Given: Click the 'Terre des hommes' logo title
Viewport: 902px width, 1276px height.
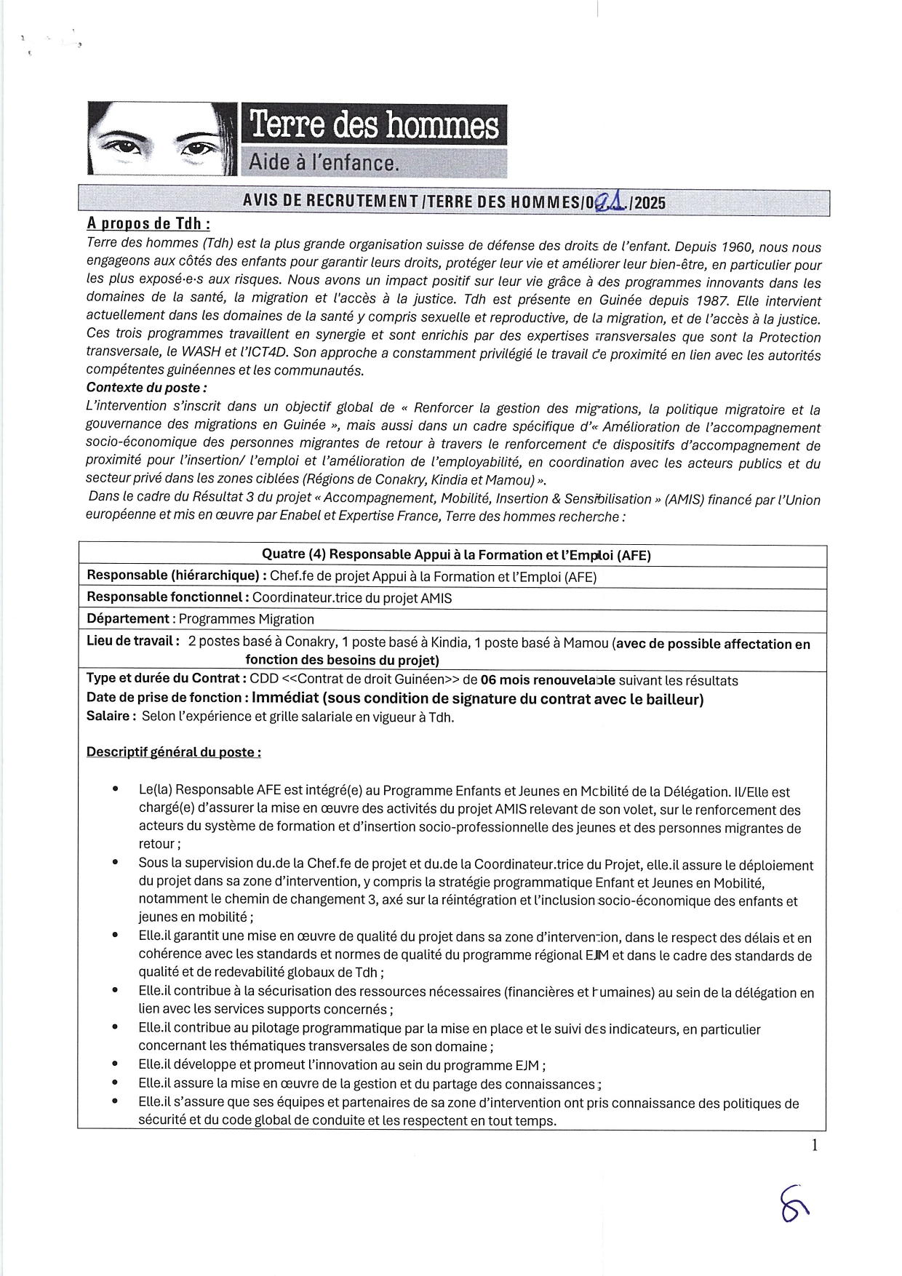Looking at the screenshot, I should pyautogui.click(x=374, y=125).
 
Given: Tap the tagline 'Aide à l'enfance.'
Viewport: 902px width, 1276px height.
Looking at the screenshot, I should pyautogui.click(x=324, y=162).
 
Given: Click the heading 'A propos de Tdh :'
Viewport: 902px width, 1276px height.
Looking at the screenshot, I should pyautogui.click(x=148, y=223).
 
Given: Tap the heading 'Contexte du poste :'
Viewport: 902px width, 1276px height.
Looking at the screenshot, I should pyautogui.click(x=146, y=388).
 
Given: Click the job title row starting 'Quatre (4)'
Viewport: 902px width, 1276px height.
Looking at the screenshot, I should pyautogui.click(x=456, y=555).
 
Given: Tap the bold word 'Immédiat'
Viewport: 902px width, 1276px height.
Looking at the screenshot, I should pyautogui.click(x=285, y=698).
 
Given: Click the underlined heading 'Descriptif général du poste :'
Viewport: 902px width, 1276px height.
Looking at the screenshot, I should pyautogui.click(x=173, y=752).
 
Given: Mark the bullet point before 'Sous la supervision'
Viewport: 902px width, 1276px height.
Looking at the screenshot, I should pyautogui.click(x=116, y=862).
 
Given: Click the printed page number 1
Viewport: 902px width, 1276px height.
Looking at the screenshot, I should pyautogui.click(x=815, y=1145).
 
